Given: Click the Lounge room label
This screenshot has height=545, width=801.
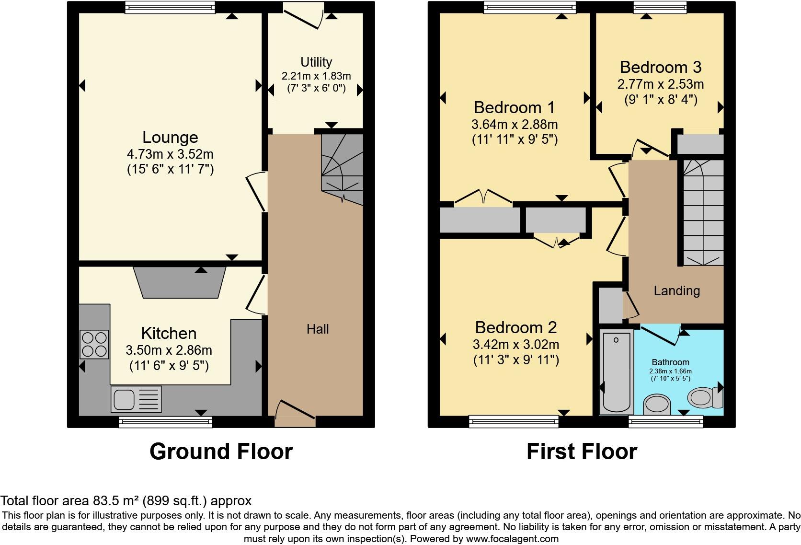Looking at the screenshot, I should (x=170, y=137).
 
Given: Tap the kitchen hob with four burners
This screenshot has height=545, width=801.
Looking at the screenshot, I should (x=94, y=344).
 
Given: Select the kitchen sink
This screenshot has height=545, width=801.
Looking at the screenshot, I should (x=136, y=399).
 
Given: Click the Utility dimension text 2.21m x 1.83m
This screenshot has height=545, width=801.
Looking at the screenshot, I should (x=316, y=76).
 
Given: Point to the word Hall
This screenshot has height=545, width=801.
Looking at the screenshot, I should (x=318, y=329).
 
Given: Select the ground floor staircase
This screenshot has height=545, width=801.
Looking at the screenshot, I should (x=342, y=168).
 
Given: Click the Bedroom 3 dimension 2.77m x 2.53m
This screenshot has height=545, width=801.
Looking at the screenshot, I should (x=660, y=84).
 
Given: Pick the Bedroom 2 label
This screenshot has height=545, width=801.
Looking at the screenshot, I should (x=516, y=327).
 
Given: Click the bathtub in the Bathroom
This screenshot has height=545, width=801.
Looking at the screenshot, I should (x=616, y=371).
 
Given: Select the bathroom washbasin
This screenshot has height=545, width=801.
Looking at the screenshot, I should (x=656, y=405).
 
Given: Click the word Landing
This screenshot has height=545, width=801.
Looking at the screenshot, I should (x=676, y=290).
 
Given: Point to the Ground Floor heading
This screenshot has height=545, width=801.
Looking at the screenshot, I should (x=221, y=451).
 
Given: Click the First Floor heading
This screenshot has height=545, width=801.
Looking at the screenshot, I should (x=582, y=451).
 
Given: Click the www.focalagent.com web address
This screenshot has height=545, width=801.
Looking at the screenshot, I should (x=512, y=538).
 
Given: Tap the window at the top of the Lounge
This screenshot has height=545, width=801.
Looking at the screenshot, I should (x=170, y=7).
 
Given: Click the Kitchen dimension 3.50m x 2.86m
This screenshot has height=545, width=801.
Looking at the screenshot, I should (x=169, y=350).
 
